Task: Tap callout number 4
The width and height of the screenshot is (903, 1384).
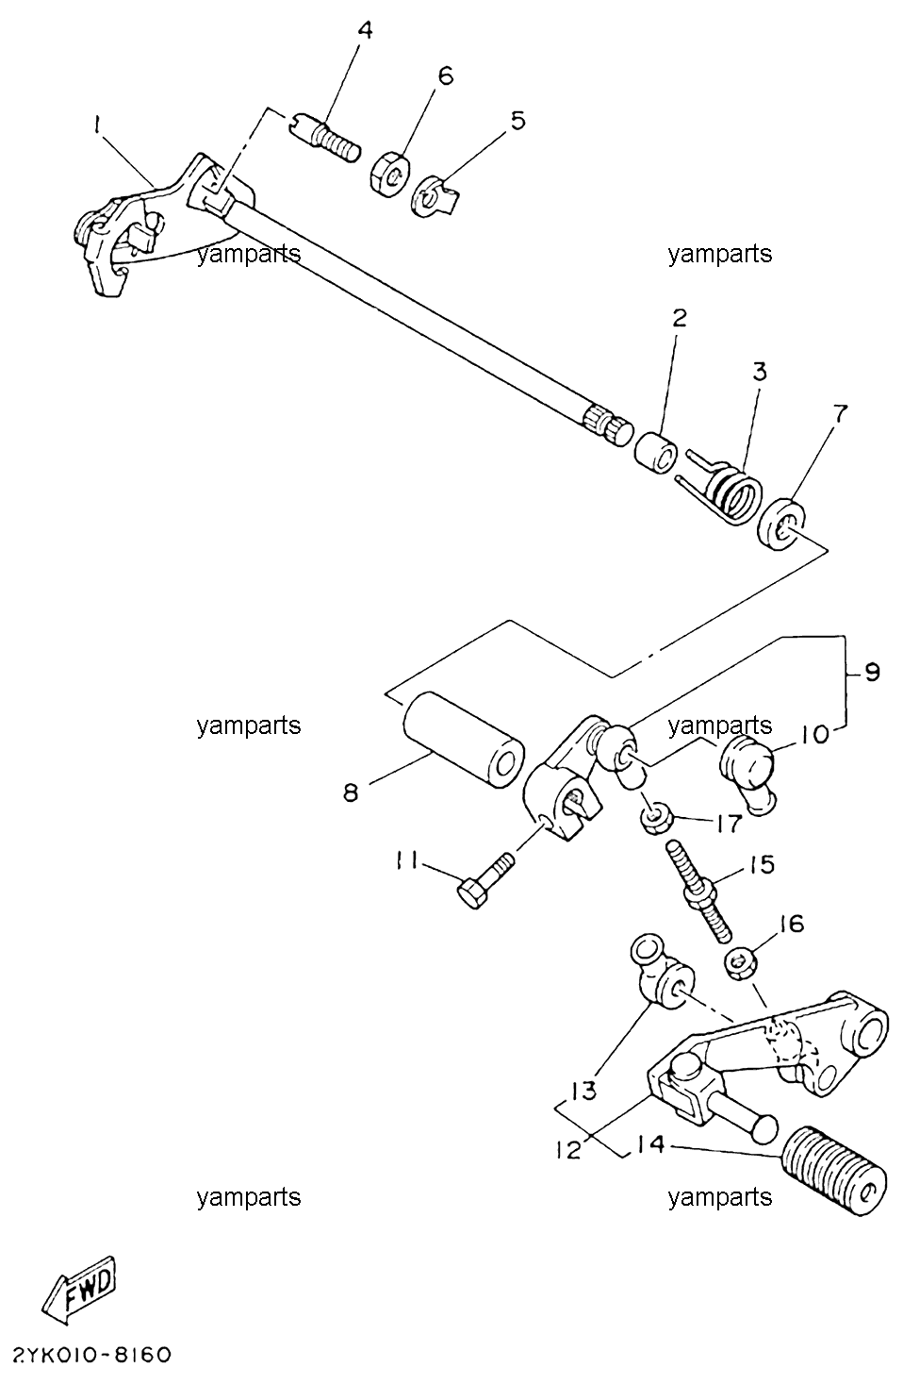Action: (366, 30)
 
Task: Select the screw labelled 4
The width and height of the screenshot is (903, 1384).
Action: (324, 138)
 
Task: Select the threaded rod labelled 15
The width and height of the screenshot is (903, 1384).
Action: (698, 891)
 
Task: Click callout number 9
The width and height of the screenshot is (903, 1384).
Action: (871, 673)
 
